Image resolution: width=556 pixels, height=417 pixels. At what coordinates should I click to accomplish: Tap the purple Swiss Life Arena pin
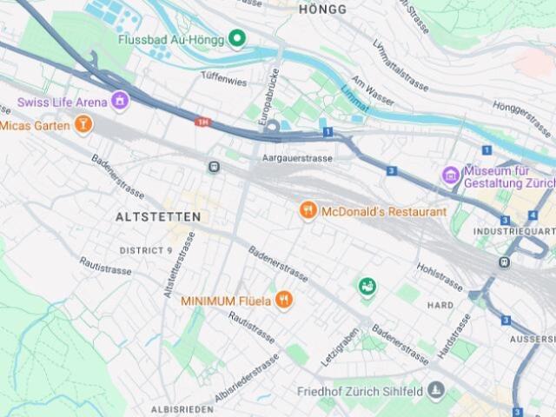click(x=120, y=102)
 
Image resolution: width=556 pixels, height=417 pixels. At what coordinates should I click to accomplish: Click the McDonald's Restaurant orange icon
click(x=307, y=211)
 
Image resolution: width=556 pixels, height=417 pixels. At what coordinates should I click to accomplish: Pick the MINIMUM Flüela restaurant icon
click(x=284, y=301)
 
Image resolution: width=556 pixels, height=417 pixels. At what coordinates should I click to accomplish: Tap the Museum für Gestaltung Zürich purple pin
click(x=450, y=176)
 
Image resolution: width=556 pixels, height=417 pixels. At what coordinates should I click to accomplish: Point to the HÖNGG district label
click(x=321, y=10)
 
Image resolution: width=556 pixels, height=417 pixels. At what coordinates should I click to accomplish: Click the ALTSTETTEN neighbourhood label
click(x=158, y=216)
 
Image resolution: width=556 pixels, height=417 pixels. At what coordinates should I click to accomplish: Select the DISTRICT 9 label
click(x=146, y=250)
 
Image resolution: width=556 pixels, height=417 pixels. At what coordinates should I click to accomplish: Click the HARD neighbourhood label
click(x=440, y=306)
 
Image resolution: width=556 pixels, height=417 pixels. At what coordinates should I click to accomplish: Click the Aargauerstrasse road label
click(x=297, y=158)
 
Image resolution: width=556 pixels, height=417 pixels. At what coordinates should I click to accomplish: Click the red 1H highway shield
click(x=203, y=122)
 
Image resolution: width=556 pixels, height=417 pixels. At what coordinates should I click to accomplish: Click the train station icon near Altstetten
click(x=214, y=167)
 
